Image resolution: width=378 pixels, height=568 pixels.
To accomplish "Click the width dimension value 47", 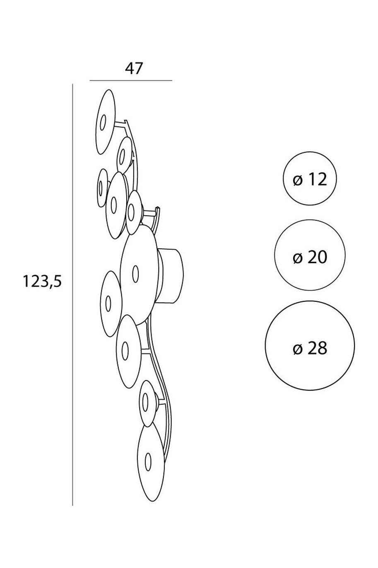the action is [134, 68].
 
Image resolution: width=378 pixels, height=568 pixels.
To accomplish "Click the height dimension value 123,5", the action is [42, 281].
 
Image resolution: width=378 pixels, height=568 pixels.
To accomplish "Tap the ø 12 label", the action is [310, 180].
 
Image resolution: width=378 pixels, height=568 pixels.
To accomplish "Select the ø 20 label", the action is [310, 257].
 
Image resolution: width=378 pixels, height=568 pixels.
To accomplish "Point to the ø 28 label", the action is [310, 348].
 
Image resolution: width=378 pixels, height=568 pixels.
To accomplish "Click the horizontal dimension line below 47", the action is [131, 80].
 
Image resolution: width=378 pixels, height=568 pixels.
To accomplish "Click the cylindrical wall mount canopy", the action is [170, 276].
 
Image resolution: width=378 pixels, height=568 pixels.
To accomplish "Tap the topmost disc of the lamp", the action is [105, 122].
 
